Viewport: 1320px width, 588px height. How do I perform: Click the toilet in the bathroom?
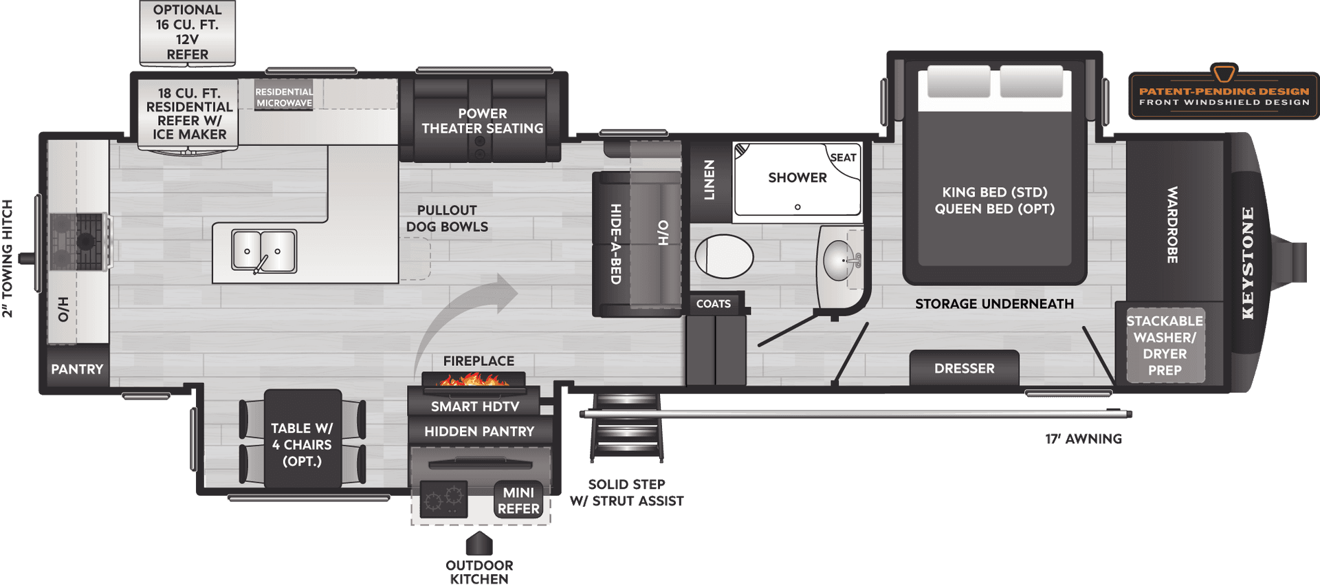pos(724,257)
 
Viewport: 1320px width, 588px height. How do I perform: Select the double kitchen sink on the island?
pos(264,251)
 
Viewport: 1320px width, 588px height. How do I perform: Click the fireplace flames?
pos(473,379)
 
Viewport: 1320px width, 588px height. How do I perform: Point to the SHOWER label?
pos(797,177)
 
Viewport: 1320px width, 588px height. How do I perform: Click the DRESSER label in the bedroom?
pos(964,369)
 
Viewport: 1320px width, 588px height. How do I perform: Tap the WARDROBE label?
pos(1173,224)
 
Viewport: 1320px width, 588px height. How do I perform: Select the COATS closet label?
pos(713,304)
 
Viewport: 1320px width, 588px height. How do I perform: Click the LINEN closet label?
pos(709,180)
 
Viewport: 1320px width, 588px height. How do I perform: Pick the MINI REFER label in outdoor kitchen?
pos(518,501)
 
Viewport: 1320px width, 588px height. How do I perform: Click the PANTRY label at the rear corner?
pos(77,369)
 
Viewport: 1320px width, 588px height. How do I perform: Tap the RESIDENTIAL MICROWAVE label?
pos(284,98)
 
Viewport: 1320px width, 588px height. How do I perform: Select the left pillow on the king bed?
pos(958,82)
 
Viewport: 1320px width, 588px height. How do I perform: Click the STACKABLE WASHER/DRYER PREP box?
pos(1165,345)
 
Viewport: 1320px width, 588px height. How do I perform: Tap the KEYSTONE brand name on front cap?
pos(1248,263)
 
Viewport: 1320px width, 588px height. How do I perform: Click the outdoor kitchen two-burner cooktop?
pos(443,499)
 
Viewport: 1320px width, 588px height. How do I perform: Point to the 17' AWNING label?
pos(1083,439)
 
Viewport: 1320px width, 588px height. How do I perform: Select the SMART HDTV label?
pos(474,406)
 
